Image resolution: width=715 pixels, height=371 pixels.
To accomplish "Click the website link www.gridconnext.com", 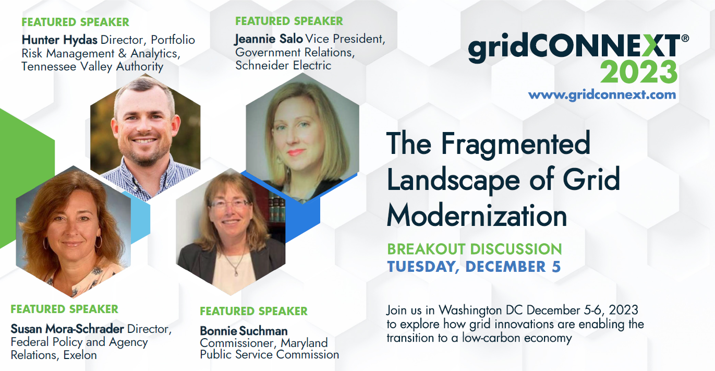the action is (x=602, y=95).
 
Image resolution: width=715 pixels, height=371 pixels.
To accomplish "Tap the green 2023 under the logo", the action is (x=639, y=72).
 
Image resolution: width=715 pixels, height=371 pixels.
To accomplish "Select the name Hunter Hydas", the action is (x=59, y=40).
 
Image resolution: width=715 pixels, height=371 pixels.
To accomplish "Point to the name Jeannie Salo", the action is (x=269, y=39).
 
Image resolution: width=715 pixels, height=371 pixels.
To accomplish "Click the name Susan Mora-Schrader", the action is (x=67, y=329).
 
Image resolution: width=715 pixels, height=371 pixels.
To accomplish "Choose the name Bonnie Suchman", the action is (x=244, y=331).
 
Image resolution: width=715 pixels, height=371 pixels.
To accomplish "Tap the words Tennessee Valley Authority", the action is (x=92, y=67).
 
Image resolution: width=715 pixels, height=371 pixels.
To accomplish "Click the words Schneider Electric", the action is (x=284, y=65).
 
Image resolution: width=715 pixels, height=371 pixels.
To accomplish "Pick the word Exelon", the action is (x=80, y=355).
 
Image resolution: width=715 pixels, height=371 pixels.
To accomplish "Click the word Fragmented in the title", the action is (x=515, y=145).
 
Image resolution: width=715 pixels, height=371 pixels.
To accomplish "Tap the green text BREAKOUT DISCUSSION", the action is (x=475, y=249).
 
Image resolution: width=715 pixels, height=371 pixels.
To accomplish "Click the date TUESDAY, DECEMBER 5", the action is (x=474, y=267).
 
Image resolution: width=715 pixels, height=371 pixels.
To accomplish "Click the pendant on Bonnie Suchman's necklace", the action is (x=236, y=272).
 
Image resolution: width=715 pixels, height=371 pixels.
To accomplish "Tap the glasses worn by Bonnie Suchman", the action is (x=231, y=204).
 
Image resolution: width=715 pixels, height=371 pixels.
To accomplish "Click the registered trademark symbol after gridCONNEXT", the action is (x=685, y=39).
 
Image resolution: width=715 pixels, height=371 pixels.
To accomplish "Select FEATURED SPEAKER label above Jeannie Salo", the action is (x=289, y=21).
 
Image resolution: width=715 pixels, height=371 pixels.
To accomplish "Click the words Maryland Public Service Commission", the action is (x=270, y=349).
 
